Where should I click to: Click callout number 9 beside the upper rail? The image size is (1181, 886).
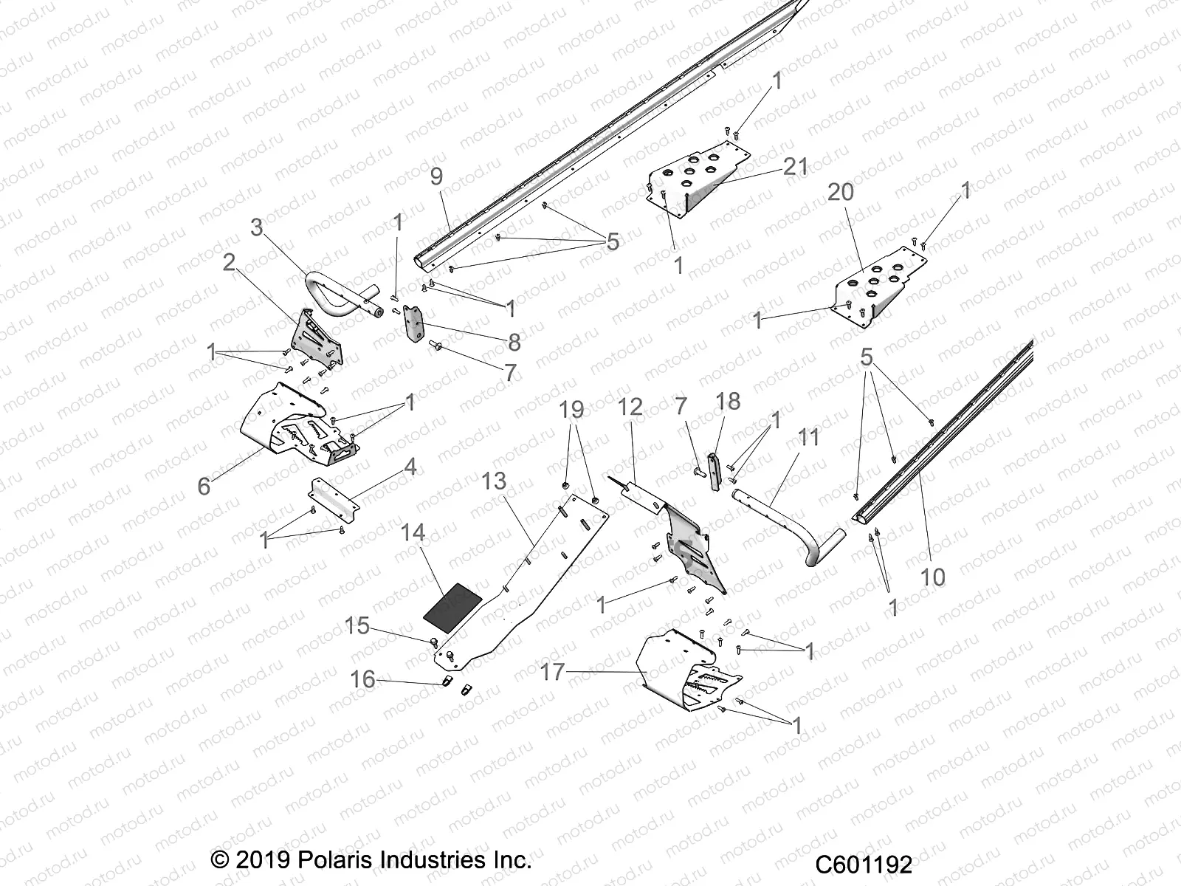point(436,176)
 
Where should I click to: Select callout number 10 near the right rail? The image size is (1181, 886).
point(933,576)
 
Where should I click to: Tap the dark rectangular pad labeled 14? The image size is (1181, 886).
point(452,600)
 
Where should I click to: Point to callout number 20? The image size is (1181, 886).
point(840,192)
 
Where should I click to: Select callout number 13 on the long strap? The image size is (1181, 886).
point(494,481)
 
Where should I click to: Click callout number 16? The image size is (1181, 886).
point(362,679)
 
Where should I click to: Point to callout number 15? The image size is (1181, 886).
point(357,626)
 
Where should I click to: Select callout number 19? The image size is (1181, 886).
point(571,410)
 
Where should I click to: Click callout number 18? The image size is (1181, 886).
point(728,401)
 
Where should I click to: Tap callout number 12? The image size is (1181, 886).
point(630,407)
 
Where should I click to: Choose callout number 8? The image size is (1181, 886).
point(514,342)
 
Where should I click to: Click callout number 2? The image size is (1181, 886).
point(229,262)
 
